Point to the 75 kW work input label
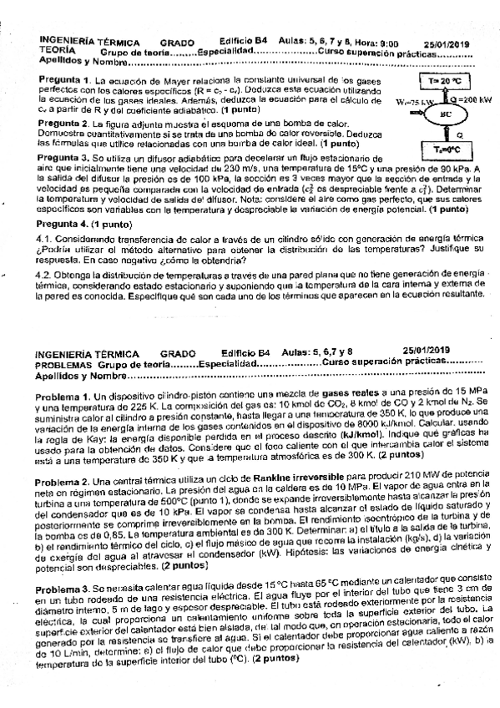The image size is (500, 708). point(405,102)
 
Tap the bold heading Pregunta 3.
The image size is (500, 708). point(64,157)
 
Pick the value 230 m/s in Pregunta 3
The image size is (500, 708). point(225,167)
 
